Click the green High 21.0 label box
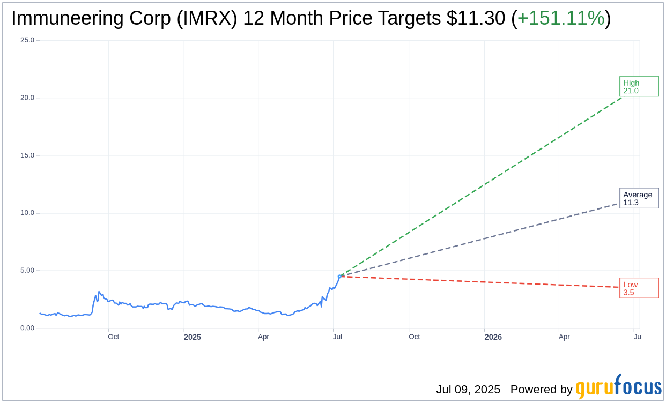click(639, 86)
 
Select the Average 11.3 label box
click(639, 198)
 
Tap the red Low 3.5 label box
click(639, 288)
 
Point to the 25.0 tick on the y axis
click(27, 40)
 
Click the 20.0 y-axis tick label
click(27, 98)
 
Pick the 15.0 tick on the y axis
click(27, 155)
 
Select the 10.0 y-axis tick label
click(27, 213)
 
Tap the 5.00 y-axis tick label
click(27, 271)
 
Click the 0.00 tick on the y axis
click(27, 328)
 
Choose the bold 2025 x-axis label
click(193, 337)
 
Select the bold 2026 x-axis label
click(493, 337)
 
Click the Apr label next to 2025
click(263, 337)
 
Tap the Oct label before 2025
click(113, 337)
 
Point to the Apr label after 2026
click(564, 337)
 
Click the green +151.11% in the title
click(561, 18)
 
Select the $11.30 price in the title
click(476, 18)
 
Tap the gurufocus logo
click(618, 387)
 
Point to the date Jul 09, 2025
click(468, 390)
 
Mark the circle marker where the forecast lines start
click(339, 277)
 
